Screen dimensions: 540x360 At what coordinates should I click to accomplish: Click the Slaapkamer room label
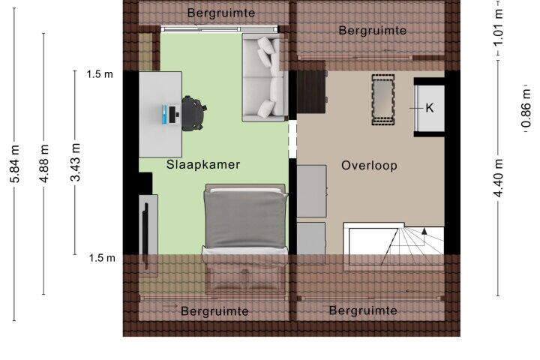[x=203, y=165]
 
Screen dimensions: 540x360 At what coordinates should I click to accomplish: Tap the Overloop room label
[x=369, y=166]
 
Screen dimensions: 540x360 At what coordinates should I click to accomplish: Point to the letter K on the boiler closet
[x=430, y=108]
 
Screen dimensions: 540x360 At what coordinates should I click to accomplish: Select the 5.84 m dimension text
[x=15, y=163]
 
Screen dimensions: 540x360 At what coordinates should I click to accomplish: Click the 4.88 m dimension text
[x=44, y=163]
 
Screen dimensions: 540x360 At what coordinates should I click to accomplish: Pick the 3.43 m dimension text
[x=75, y=162]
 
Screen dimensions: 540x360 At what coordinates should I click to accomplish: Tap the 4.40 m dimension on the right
[x=499, y=178]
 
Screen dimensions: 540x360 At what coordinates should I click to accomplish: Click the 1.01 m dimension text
[x=499, y=27]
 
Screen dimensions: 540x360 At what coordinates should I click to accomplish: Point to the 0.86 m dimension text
[x=526, y=108]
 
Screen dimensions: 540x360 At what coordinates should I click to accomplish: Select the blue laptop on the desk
[x=171, y=114]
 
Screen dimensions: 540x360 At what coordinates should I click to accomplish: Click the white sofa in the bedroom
[x=265, y=77]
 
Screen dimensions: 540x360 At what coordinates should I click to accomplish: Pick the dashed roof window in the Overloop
[x=383, y=100]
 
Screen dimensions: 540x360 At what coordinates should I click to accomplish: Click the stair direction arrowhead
[x=424, y=231]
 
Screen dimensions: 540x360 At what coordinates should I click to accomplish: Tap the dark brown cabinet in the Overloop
[x=311, y=91]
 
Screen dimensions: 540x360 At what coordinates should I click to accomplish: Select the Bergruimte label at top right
[x=372, y=31]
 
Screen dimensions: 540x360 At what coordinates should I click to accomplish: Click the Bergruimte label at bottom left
[x=214, y=311]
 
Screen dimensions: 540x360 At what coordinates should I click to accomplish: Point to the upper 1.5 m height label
[x=100, y=74]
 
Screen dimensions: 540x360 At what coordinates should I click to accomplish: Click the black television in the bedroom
[x=145, y=235]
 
